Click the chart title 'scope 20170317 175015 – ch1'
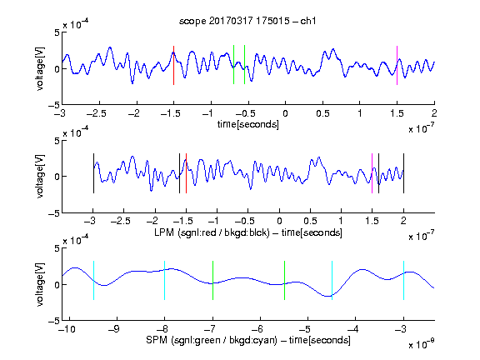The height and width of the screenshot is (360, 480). tap(247, 21)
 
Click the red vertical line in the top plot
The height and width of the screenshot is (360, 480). tap(174, 65)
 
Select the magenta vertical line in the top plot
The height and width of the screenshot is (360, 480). tap(397, 65)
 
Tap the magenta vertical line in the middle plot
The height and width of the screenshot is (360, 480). tap(372, 173)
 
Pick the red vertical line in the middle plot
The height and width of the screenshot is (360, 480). tap(186, 173)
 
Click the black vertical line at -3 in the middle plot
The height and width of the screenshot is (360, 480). tap(93, 173)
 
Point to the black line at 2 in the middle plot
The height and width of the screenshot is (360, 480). tap(404, 173)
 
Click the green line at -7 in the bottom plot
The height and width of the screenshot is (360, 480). tap(212, 280)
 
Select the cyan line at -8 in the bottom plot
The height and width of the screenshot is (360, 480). tap(165, 280)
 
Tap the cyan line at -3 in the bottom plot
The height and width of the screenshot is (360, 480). tap(404, 280)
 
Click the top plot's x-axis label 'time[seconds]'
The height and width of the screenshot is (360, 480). tap(248, 124)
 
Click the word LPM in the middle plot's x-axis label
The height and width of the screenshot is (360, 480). tap(164, 232)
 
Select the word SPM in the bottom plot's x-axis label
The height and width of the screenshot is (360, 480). tap(157, 340)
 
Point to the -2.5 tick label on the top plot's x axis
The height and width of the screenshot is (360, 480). tap(96, 113)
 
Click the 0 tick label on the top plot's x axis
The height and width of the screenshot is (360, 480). tap(285, 113)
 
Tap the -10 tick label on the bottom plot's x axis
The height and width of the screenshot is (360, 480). tap(67, 329)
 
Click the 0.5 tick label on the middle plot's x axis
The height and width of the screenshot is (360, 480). tap(310, 221)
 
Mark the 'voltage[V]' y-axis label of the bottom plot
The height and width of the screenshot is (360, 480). tap(40, 284)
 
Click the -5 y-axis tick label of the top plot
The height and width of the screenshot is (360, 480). tap(54, 105)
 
